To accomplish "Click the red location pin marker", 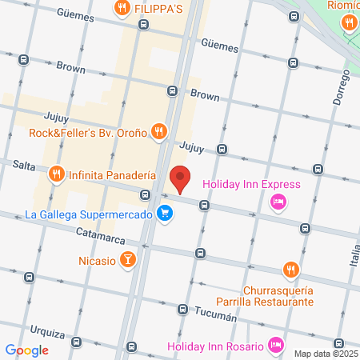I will click(181, 178).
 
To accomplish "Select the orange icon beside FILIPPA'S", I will click(121, 8).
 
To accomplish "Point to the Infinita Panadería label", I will click(112, 174).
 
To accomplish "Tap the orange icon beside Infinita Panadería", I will click(56, 174).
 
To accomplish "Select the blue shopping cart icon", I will click(165, 214).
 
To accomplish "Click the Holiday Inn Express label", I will click(251, 185).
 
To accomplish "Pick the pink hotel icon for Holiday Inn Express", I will click(278, 202).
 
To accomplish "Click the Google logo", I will click(27, 350).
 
